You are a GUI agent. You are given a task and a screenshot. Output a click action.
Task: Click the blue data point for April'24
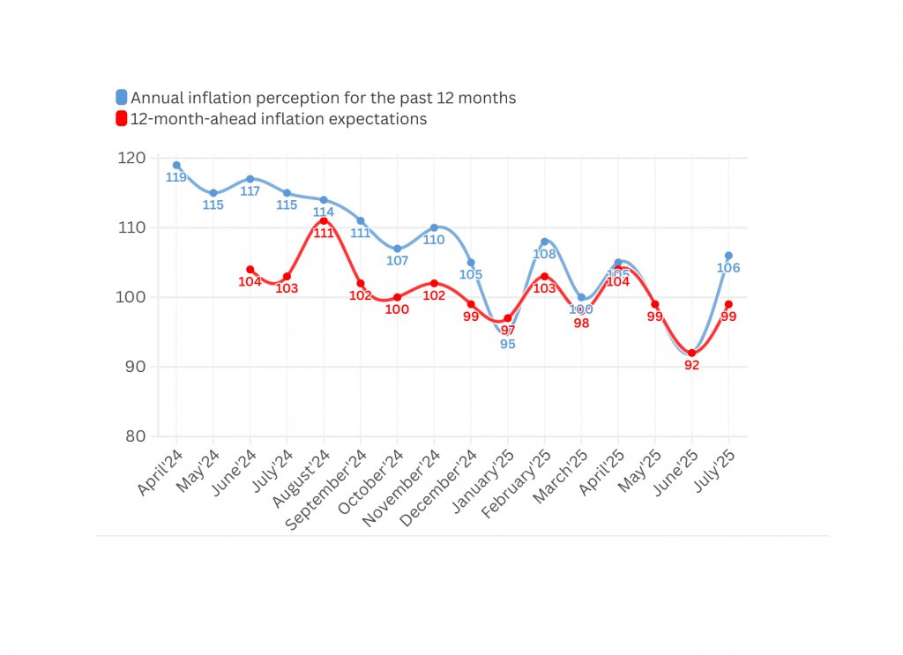tap(176, 165)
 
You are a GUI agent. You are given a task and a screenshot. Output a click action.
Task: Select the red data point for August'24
tap(324, 220)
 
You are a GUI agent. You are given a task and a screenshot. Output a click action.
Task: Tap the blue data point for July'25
tap(728, 256)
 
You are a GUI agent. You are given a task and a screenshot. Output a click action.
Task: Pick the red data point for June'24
tap(250, 269)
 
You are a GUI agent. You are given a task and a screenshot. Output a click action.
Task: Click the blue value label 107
tap(398, 261)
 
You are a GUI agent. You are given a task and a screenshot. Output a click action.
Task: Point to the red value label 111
tap(324, 233)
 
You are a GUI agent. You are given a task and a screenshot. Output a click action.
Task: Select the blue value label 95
tap(508, 345)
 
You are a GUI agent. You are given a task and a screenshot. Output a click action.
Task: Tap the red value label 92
tap(692, 365)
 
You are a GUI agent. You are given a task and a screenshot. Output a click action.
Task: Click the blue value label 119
tap(176, 177)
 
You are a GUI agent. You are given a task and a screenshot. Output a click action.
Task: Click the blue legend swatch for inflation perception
tap(122, 97)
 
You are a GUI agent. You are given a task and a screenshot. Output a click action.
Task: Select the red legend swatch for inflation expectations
tap(122, 119)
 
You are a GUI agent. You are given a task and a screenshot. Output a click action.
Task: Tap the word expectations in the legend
tap(383, 119)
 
